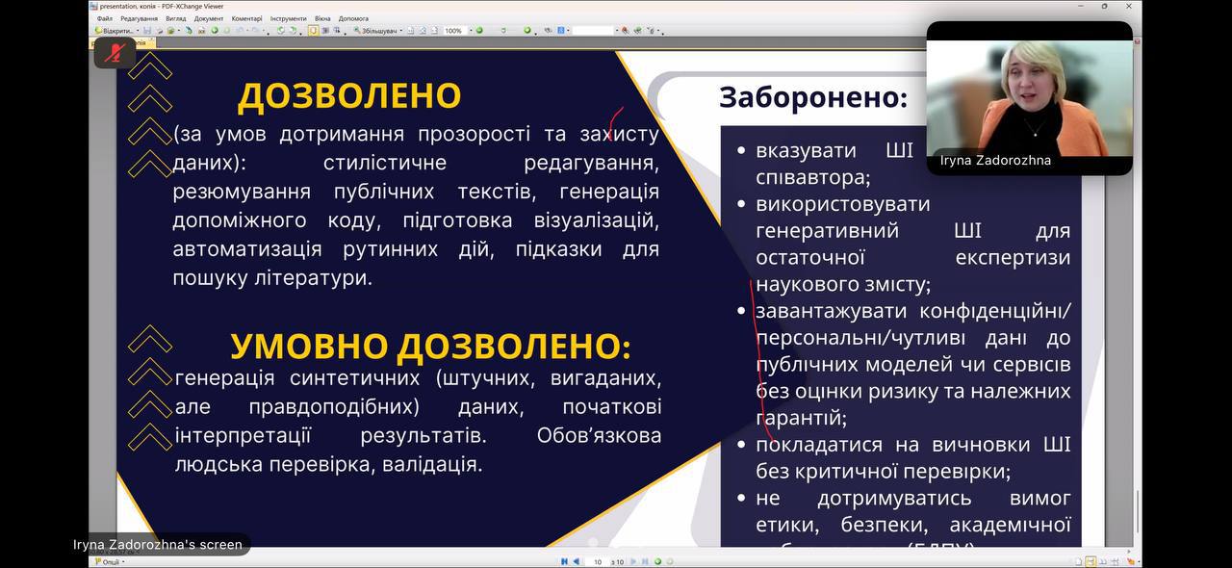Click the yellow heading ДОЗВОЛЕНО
point(349,96)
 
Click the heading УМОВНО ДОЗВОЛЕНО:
point(430,347)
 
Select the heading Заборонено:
point(813,97)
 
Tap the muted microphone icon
point(115,53)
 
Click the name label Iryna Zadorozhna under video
point(995,161)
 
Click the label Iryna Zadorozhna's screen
point(158,545)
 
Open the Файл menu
point(104,18)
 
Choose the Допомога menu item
point(353,18)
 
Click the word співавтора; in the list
point(813,178)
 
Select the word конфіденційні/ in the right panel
point(994,311)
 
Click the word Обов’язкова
point(599,436)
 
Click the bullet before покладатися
point(740,445)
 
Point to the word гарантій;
point(802,419)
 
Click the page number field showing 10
point(598,561)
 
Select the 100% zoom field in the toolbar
point(453,31)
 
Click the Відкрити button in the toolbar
point(116,31)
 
